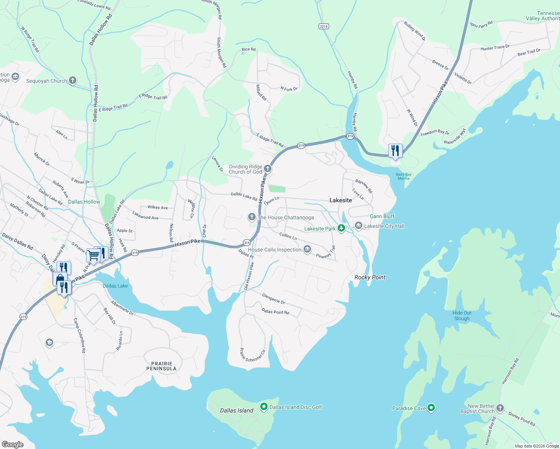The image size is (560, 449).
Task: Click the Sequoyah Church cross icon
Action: click(73, 80)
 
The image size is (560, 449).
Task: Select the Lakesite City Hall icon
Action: click(359, 226)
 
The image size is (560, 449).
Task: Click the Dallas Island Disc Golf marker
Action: click(264, 407)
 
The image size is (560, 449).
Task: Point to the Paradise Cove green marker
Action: click(431, 408)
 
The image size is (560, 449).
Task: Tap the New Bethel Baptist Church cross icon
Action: click(500, 408)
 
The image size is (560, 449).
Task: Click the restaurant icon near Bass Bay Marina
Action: click(395, 151)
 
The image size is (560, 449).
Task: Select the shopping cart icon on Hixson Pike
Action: click(93, 255)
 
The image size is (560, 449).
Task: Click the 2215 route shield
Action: click(324, 26)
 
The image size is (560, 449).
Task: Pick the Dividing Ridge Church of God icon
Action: click(267, 169)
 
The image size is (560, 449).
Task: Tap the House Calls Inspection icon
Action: click(307, 249)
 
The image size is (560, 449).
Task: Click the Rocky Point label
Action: click(370, 277)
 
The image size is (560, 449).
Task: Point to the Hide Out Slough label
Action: click(462, 316)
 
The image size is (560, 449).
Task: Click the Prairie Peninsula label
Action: click(161, 366)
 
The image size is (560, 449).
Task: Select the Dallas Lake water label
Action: click(115, 286)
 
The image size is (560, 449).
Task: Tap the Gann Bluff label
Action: click(382, 216)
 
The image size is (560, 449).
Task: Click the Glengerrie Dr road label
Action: click(274, 299)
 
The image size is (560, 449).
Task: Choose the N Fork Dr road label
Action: click(289, 89)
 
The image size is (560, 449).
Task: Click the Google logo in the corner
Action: click(12, 444)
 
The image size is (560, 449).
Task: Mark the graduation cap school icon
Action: click(49, 342)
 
